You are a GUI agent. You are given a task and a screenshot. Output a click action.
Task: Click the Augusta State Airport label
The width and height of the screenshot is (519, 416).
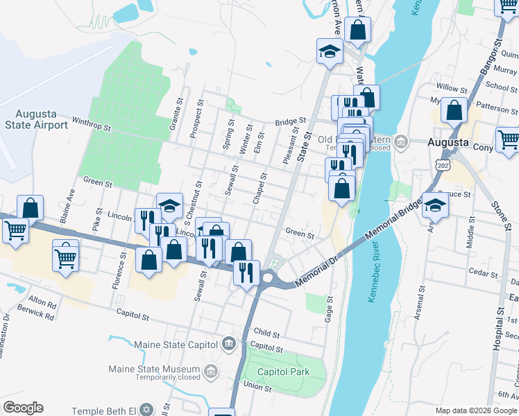pyautogui.click(x=36, y=119)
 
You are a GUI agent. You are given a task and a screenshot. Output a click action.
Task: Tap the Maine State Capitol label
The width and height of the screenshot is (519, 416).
pyautogui.click(x=176, y=344)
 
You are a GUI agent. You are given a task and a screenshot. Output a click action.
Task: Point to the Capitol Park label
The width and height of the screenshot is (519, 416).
pyautogui.click(x=283, y=372)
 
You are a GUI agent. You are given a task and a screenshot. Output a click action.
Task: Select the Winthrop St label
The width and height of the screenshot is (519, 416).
pyautogui.click(x=92, y=126)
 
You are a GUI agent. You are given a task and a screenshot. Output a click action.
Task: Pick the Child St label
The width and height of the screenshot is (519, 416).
pyautogui.click(x=266, y=333)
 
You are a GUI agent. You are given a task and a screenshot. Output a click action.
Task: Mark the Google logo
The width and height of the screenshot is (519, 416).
pyautogui.click(x=24, y=408)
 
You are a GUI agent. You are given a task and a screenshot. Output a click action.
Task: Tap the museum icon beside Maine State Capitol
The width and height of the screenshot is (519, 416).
pyautogui.click(x=229, y=344)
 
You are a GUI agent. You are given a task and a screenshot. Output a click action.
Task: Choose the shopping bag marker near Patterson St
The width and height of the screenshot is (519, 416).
pyautogui.click(x=454, y=110)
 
